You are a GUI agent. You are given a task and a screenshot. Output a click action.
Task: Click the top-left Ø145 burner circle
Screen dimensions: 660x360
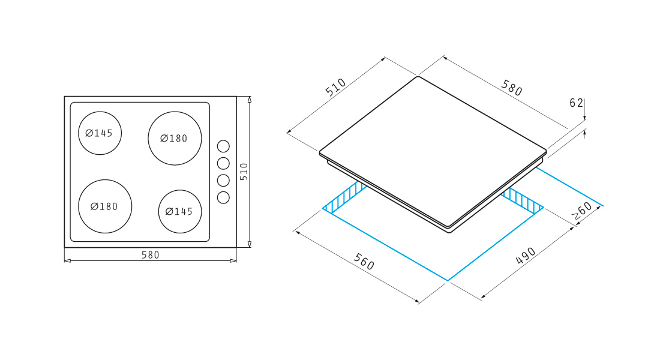100,112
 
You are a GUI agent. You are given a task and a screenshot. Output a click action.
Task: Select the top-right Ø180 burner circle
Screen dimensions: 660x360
175,112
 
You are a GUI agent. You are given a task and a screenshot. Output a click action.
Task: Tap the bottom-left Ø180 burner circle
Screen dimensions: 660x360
105,180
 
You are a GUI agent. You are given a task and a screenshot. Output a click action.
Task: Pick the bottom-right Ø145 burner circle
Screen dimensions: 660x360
180,190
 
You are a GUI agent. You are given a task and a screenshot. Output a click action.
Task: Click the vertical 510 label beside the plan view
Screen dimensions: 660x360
244,172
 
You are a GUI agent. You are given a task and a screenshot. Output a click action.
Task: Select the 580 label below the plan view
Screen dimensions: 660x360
150,255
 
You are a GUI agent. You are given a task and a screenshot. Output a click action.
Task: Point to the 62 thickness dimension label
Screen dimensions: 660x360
576,103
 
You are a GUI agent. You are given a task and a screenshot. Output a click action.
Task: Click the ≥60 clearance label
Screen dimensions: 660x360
583,211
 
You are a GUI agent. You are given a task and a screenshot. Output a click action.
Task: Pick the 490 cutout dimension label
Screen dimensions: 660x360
526,256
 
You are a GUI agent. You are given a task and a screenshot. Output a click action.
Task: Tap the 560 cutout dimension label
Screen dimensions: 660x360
364,262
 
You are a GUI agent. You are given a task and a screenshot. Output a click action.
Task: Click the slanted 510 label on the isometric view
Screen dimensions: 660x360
335,87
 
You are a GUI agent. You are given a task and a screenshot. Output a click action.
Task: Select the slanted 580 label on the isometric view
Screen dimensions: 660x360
512,88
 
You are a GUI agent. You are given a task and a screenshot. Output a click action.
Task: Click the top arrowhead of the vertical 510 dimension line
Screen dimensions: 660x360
250,100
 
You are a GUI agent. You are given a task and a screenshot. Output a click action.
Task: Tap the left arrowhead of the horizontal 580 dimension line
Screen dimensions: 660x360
67,260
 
